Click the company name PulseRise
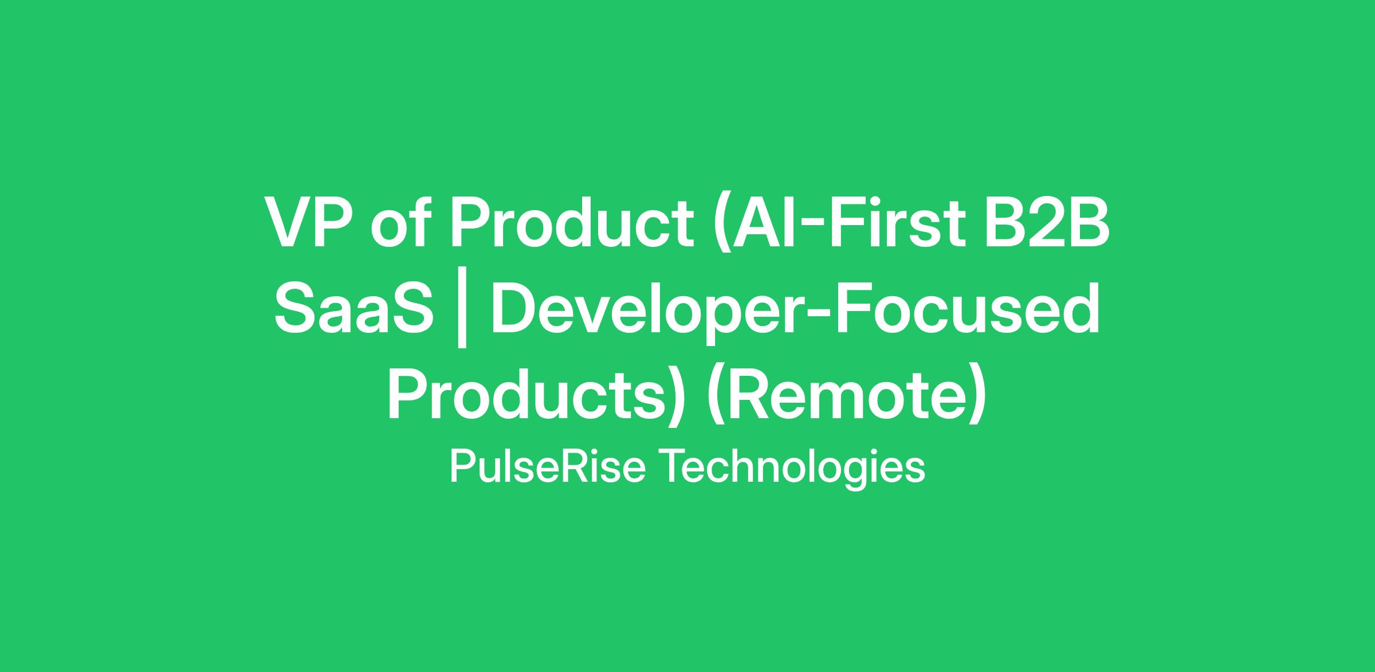[548, 466]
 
